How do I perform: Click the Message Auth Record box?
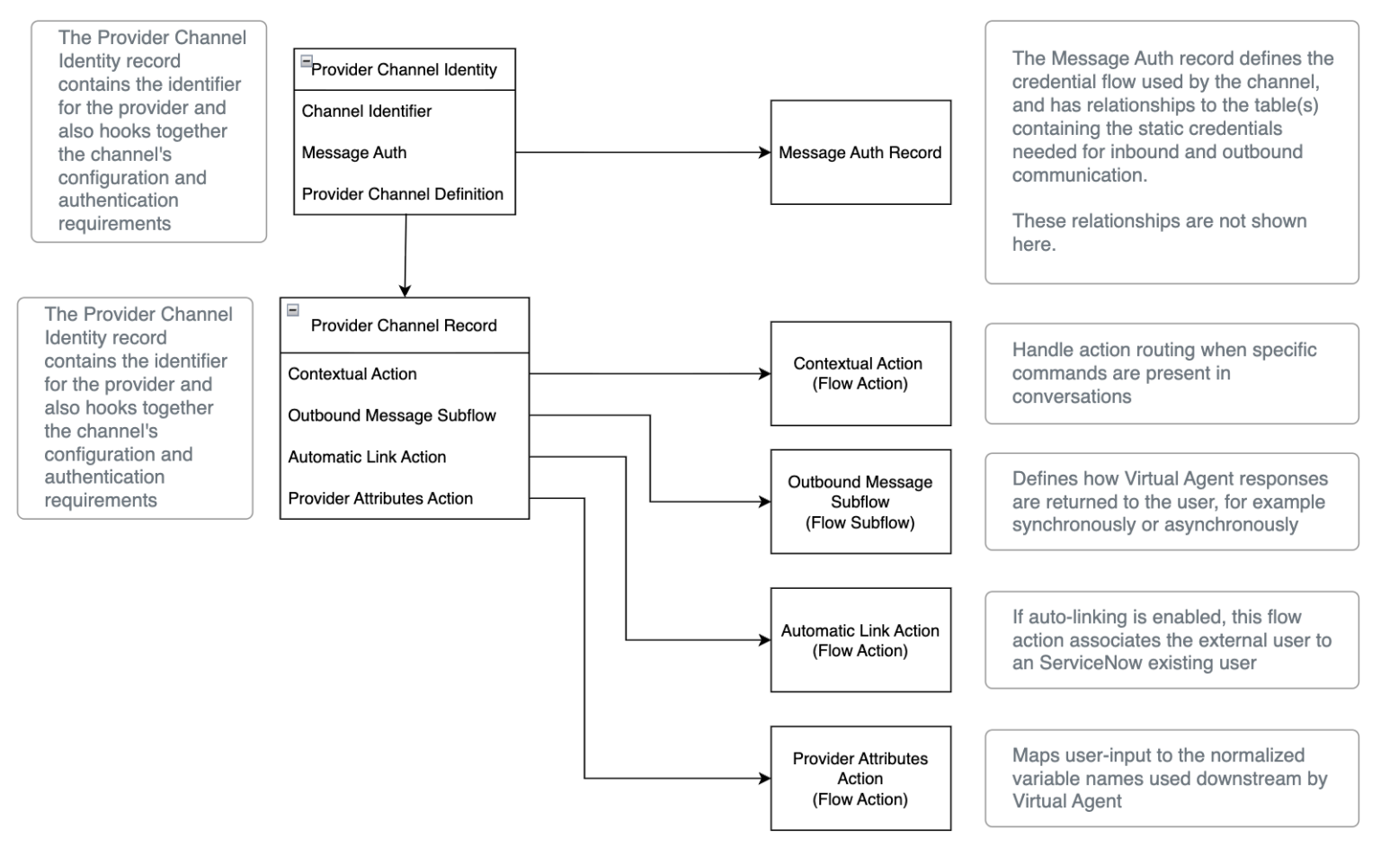[860, 153]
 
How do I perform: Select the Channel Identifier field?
[367, 111]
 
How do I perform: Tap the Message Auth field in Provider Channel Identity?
[354, 153]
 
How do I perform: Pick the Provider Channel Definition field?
[403, 194]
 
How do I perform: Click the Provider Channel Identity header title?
[404, 70]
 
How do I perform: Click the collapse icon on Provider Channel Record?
[293, 310]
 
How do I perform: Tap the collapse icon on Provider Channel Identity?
[307, 62]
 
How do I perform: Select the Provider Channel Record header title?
[404, 325]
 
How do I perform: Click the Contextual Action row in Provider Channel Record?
[352, 374]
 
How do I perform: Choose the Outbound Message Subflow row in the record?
[392, 415]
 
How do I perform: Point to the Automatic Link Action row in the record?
[367, 457]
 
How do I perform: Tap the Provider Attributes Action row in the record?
[380, 498]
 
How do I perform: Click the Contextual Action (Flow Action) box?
[860, 374]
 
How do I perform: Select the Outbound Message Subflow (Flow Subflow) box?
[860, 502]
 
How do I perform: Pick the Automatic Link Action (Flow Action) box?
[860, 640]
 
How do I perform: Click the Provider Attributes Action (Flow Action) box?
[860, 779]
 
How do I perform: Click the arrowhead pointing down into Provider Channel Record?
[405, 290]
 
